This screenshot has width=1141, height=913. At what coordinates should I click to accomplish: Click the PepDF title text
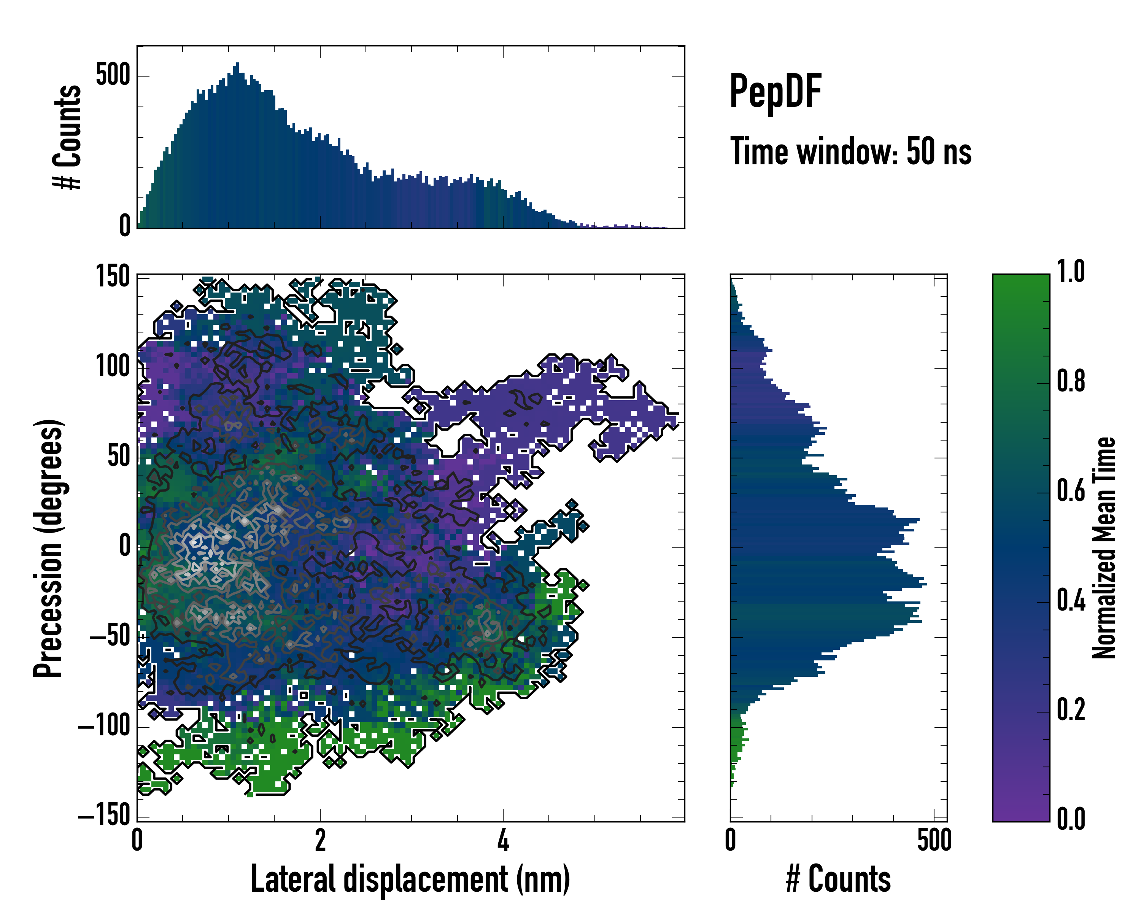click(775, 92)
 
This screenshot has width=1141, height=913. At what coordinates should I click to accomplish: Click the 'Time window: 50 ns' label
click(850, 151)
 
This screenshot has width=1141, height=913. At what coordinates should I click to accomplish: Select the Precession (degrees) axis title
click(48, 548)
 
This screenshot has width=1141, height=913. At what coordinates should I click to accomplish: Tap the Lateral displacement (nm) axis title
click(410, 879)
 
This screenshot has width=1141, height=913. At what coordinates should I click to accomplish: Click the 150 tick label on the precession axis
click(112, 277)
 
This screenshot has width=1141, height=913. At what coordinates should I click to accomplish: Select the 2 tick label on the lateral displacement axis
click(319, 840)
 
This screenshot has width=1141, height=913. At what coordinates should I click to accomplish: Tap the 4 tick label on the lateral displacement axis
click(503, 840)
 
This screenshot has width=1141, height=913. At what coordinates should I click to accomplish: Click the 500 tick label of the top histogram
click(113, 75)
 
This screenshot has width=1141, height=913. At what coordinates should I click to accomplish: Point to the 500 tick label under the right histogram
click(934, 840)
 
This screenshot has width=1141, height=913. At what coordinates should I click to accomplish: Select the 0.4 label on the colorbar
click(1071, 601)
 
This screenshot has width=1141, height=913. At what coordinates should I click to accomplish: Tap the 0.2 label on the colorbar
click(1071, 710)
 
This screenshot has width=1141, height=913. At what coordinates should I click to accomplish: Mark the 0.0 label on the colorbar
click(1071, 819)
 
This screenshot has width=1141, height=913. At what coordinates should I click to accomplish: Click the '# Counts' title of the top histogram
click(67, 137)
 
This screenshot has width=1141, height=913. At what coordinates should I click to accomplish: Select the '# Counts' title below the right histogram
click(838, 879)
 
